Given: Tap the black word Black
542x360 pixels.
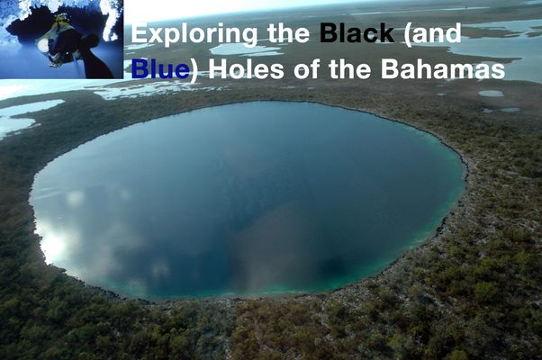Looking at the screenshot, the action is [357, 32].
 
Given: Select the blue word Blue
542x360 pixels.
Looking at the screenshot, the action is [160, 68].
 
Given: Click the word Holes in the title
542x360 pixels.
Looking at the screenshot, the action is [246, 68].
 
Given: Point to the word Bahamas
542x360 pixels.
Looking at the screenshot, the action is [443, 68].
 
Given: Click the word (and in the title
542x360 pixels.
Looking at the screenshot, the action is [433, 33].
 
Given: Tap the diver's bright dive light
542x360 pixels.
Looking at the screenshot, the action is [43, 45].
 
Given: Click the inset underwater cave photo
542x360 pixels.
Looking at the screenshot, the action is [61, 39].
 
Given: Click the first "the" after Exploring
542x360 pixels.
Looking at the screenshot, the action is [288, 32].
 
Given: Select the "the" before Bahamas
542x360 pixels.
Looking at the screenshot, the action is [350, 68].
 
